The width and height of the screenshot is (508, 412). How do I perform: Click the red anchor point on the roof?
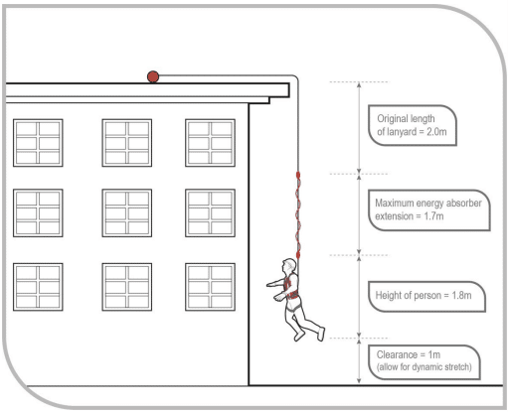click(153, 76)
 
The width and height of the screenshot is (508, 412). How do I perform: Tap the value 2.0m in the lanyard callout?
click(436, 132)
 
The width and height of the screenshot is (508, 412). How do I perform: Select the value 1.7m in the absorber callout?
click(433, 216)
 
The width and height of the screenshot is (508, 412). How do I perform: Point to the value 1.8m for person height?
click(461, 295)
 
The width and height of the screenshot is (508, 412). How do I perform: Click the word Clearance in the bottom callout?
click(397, 354)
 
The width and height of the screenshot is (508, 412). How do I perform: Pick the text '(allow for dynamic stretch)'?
click(424, 367)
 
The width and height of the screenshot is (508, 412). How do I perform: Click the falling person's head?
click(289, 265)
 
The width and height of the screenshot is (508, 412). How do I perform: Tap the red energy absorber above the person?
click(298, 215)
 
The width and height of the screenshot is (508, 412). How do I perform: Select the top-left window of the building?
click(38, 143)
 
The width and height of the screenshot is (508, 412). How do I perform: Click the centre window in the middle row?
click(127, 212)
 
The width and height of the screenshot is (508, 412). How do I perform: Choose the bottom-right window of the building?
click(211, 287)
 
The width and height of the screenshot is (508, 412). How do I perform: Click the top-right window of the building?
click(211, 143)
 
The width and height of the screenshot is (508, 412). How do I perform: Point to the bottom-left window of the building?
click(38, 287)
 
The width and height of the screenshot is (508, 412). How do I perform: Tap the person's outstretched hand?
click(270, 284)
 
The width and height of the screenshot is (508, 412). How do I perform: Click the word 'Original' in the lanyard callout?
click(390, 119)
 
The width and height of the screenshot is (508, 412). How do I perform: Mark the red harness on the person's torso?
click(291, 286)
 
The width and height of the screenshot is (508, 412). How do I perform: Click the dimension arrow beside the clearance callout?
click(359, 360)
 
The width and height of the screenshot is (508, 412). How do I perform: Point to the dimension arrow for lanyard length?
click(359, 127)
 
